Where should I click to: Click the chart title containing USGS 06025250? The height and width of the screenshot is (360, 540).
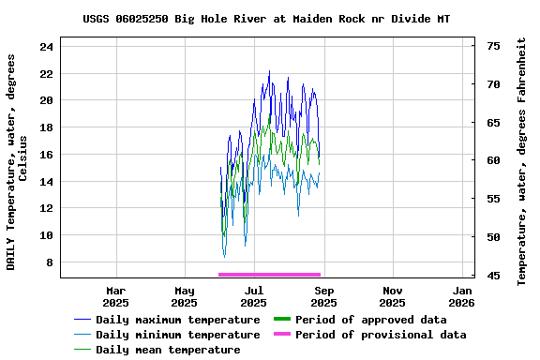[x=266, y=19]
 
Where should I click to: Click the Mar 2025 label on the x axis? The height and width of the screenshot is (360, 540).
[x=115, y=296]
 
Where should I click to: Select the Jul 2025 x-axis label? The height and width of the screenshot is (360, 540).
[x=253, y=296]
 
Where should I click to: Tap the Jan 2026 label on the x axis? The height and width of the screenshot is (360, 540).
[x=461, y=296]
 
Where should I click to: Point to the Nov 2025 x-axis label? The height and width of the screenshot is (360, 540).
[x=393, y=296]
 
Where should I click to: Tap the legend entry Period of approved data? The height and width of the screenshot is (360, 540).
[x=370, y=320]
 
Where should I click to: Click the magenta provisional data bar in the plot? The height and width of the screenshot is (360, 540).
[x=269, y=275]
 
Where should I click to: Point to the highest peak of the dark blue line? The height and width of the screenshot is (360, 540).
[x=269, y=71]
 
